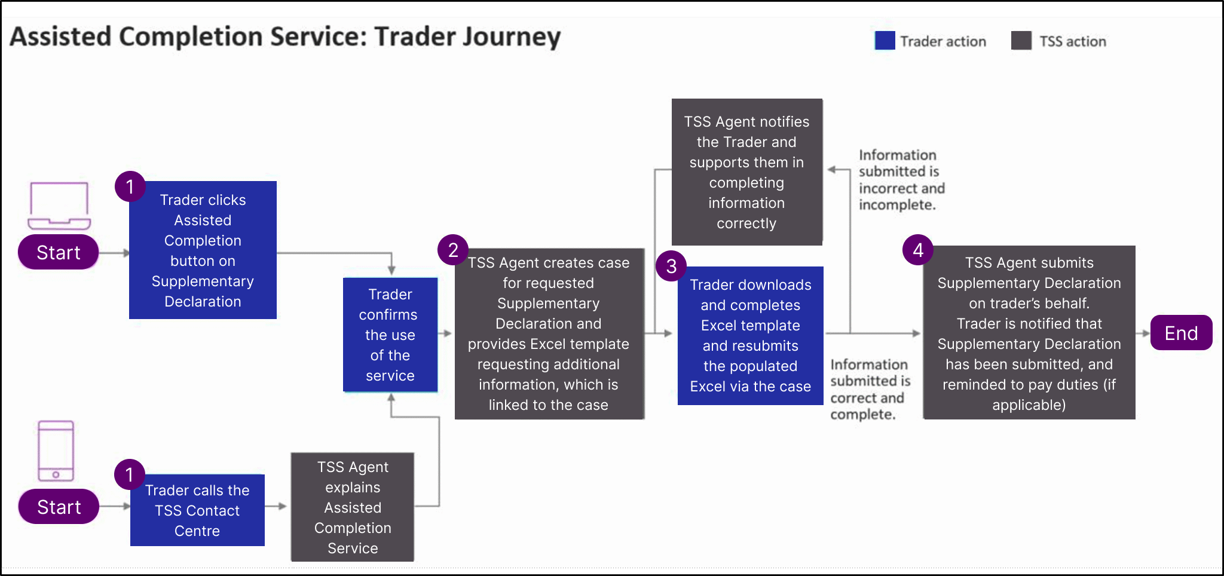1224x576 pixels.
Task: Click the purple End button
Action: pos(1180,333)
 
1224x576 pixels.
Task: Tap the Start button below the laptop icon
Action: pos(59,252)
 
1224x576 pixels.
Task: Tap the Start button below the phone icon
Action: pos(59,507)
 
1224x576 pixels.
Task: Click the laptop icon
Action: pos(59,206)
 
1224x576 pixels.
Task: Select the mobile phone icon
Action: pos(56,451)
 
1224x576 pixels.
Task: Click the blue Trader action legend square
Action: pos(885,41)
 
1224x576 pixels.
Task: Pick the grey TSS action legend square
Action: pos(1021,41)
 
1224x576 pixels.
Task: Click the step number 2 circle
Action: pos(453,250)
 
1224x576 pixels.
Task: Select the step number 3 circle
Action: pos(671,266)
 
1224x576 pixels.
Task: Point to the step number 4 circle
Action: pos(918,250)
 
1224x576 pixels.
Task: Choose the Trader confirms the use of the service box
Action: pos(390,335)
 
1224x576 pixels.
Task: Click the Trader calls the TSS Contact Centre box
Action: pos(197,510)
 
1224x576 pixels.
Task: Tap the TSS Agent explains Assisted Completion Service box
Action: pos(353,507)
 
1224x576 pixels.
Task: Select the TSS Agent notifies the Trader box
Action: pos(746,172)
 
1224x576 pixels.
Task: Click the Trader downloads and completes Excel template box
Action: pos(750,336)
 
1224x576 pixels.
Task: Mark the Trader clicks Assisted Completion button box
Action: pos(203,250)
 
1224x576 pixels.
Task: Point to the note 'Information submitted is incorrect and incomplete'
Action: pos(901,180)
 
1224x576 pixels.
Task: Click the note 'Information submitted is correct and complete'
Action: pos(870,390)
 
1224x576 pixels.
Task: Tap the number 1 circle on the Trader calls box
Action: pos(130,474)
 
